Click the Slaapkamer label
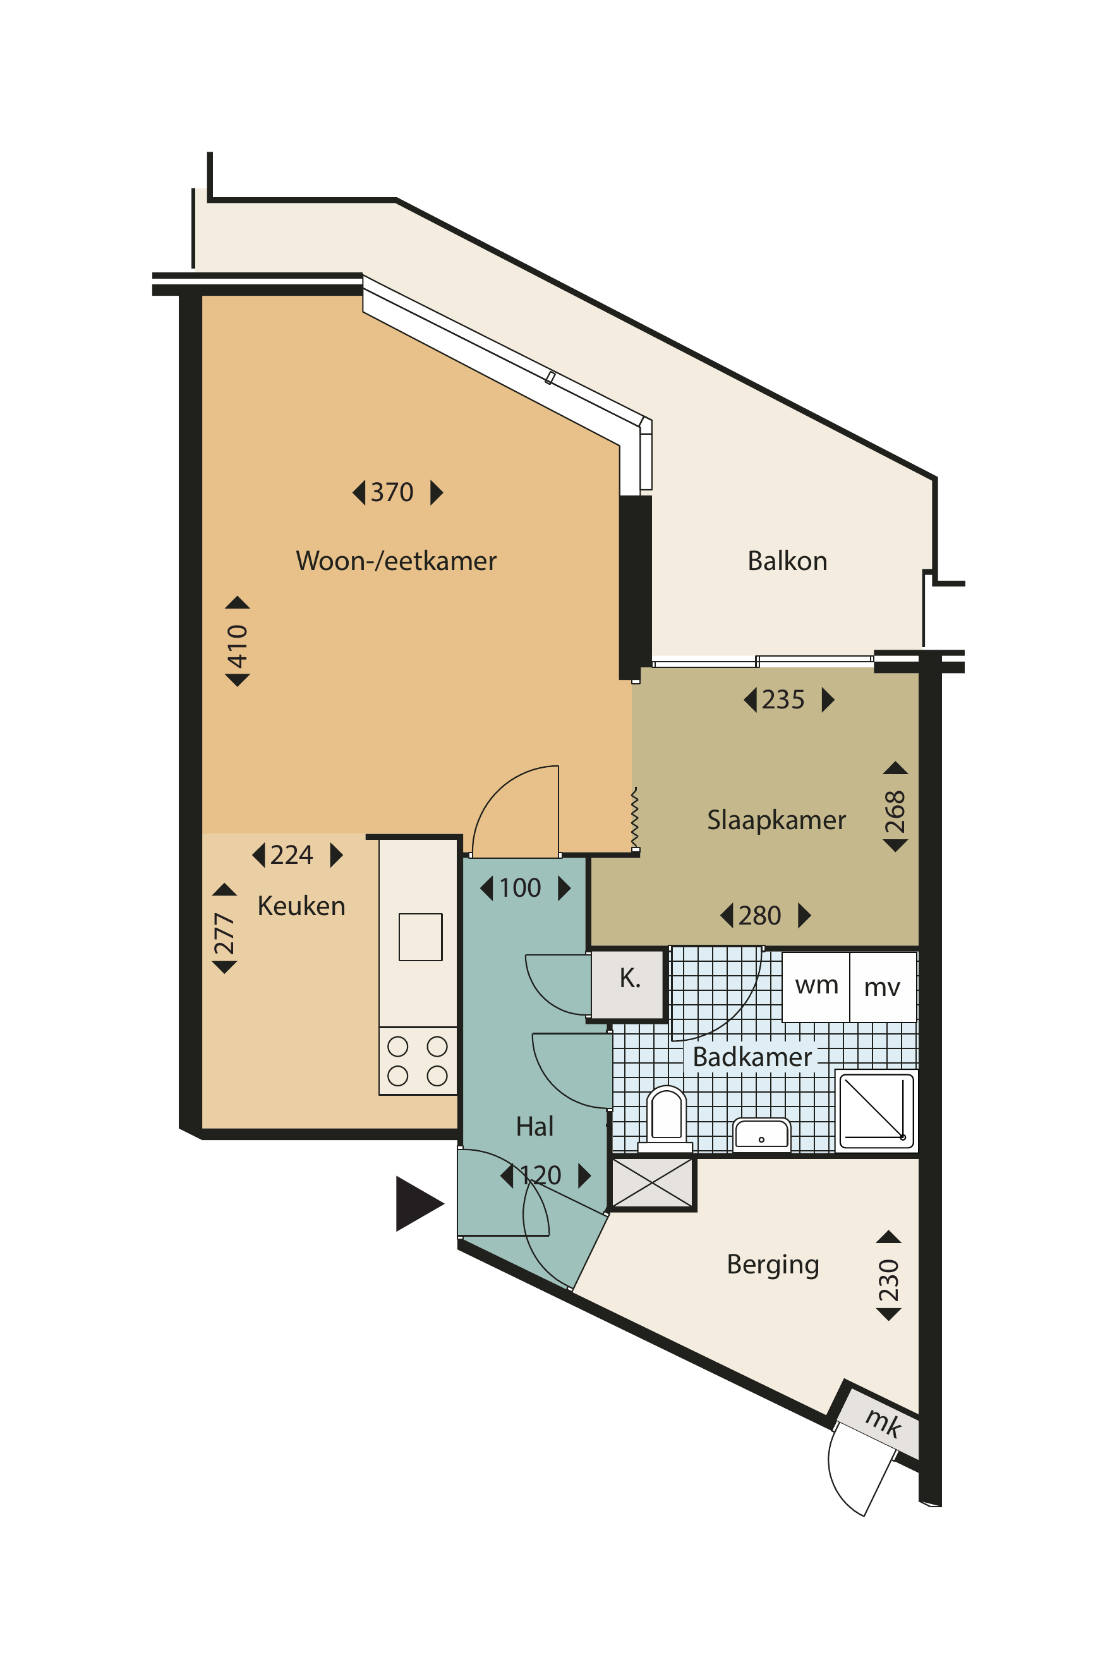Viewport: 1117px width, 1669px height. (776, 820)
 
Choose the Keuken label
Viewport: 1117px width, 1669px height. (301, 906)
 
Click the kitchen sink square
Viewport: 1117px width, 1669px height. (420, 937)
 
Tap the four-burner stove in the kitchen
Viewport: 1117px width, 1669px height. (418, 1061)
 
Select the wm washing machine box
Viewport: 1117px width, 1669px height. (816, 987)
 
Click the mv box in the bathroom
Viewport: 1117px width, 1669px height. (883, 987)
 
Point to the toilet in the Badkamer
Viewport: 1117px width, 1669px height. (666, 1118)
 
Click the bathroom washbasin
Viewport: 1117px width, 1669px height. (761, 1134)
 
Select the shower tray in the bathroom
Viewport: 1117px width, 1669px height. (877, 1110)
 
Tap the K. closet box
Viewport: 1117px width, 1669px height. (630, 983)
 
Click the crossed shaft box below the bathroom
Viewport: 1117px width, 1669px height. (653, 1183)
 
